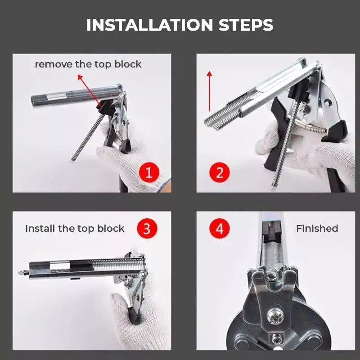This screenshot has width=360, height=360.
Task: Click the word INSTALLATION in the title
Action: (x=150, y=25)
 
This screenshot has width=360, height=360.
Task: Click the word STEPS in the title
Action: (x=246, y=25)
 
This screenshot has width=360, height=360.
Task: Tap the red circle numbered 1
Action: (x=149, y=172)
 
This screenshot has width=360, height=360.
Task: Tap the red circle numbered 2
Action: (x=220, y=172)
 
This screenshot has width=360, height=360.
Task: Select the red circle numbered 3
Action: (x=147, y=229)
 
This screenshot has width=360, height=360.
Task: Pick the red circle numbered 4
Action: (x=220, y=229)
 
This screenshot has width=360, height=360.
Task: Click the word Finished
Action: (x=317, y=229)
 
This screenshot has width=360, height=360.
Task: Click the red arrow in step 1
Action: (x=89, y=90)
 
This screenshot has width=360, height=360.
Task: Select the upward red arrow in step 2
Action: (x=209, y=91)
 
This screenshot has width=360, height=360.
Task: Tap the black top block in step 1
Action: (x=106, y=107)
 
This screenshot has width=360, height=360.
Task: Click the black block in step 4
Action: (x=272, y=232)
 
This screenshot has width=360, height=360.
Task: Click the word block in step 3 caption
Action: (x=111, y=229)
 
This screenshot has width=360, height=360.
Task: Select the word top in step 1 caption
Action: (x=103, y=65)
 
